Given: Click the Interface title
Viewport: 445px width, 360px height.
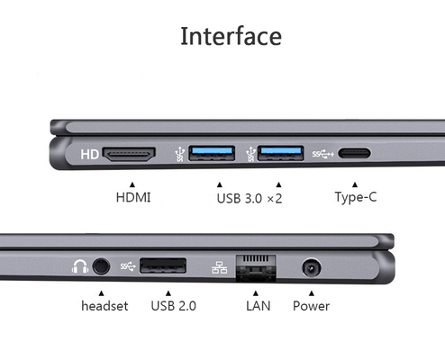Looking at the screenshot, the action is pos(231,36).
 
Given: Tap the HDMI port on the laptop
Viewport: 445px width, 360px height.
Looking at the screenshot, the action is pos(129,154).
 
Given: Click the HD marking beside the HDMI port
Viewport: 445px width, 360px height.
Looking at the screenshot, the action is pos(89,155).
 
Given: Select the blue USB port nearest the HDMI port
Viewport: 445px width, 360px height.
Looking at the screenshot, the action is pos(212,153).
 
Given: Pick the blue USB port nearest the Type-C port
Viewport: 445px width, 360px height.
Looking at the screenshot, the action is pos(281,153).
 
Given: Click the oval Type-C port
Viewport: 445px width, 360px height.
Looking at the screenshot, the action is pos(354,153).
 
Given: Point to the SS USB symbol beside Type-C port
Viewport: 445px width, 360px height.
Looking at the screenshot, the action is pos(323,154).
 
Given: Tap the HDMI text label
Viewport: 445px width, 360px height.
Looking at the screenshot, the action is pos(133,197).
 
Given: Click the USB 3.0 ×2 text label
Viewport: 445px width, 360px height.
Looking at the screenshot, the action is pos(250,198).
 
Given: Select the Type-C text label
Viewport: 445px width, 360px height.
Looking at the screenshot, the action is pos(356,197).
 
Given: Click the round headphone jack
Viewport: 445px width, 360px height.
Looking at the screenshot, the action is pos(101,266).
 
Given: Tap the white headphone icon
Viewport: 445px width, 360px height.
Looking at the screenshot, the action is pos(80,266).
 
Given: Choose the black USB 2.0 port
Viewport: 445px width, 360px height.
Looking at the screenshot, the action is pos(163,265).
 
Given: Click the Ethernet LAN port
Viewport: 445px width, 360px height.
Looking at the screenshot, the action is pos(256,268).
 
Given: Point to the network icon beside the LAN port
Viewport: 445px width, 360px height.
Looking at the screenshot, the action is pos(220,267).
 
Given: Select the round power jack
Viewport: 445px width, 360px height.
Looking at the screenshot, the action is pos(312,267).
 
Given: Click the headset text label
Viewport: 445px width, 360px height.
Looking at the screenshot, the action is pos(104,306).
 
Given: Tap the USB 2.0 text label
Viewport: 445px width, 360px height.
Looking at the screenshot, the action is pos(174,306).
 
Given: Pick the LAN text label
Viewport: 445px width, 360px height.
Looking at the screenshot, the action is pos(259,306).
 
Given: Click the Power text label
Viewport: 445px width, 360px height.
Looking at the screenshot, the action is pos(311,306).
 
